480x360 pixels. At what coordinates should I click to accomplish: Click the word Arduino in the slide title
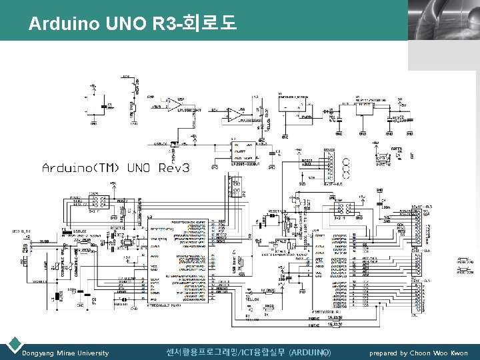pyautogui.click(x=64, y=25)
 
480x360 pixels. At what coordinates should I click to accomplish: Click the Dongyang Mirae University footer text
pyautogui.click(x=65, y=353)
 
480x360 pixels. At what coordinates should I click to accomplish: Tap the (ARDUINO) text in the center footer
pyautogui.click(x=308, y=352)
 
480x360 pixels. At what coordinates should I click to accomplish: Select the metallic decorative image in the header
pyautogui.click(x=443, y=19)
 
